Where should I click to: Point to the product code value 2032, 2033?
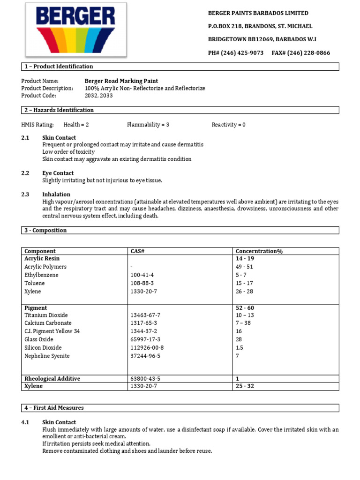98,96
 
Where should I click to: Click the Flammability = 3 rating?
148,125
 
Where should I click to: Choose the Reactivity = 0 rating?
228,125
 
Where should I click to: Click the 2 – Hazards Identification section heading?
59,110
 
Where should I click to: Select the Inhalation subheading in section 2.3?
56,194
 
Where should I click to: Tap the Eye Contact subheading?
59,173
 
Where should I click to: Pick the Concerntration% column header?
259,251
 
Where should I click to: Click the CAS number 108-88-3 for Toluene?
142,283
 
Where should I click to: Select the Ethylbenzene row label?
41,275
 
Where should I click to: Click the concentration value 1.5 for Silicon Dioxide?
240,348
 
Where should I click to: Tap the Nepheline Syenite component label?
47,356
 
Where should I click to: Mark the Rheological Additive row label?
52,378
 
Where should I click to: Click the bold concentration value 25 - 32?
245,386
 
